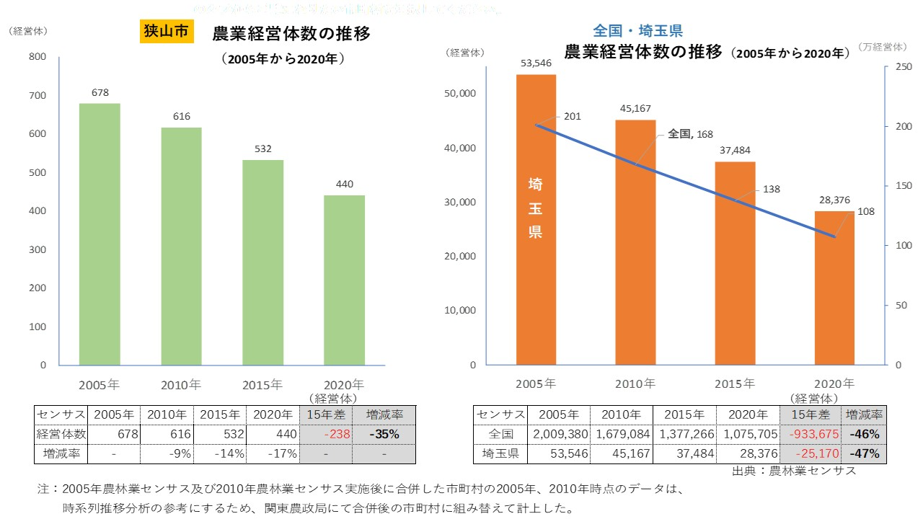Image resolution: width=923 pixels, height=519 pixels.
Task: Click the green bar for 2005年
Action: coord(100,234)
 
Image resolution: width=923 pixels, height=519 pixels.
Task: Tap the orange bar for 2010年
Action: coord(635,242)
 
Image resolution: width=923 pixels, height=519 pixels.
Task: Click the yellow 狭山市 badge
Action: coord(166,32)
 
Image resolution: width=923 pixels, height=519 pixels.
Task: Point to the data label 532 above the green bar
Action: coord(263,148)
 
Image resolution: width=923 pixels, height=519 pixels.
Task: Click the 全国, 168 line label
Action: coord(690,134)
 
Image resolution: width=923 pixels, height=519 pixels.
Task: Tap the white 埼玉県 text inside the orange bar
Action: coord(536,208)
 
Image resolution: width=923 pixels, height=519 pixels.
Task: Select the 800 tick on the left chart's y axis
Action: coord(37,57)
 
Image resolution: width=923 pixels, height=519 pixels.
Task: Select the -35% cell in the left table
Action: coord(384,435)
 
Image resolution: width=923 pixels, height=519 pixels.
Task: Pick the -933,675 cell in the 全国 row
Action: coord(810,435)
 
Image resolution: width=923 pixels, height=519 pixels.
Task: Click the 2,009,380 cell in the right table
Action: coord(559,435)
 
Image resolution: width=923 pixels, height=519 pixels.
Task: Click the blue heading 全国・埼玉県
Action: coord(637,31)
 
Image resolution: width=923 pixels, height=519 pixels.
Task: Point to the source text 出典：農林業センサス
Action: coord(794,471)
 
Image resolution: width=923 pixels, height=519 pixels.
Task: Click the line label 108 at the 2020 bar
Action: coord(866,213)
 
